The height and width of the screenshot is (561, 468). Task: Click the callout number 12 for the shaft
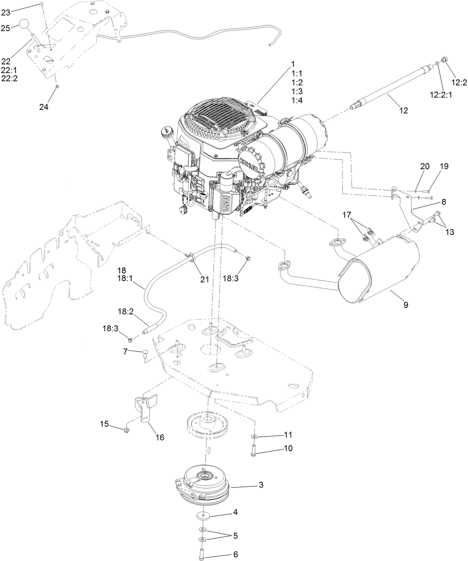click(403, 110)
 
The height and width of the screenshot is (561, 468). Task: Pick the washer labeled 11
click(254, 435)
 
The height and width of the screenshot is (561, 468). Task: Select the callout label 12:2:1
click(441, 95)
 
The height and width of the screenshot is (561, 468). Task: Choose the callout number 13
click(449, 232)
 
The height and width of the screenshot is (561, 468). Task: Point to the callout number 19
click(444, 167)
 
